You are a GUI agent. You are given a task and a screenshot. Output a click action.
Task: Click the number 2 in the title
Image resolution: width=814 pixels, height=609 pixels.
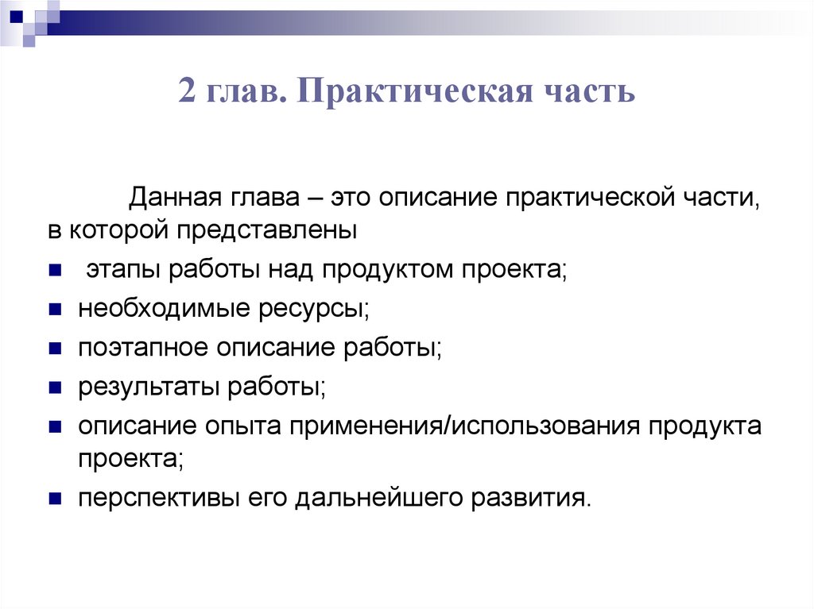click(x=188, y=92)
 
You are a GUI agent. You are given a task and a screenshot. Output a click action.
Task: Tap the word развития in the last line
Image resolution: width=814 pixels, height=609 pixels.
click(x=533, y=499)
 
